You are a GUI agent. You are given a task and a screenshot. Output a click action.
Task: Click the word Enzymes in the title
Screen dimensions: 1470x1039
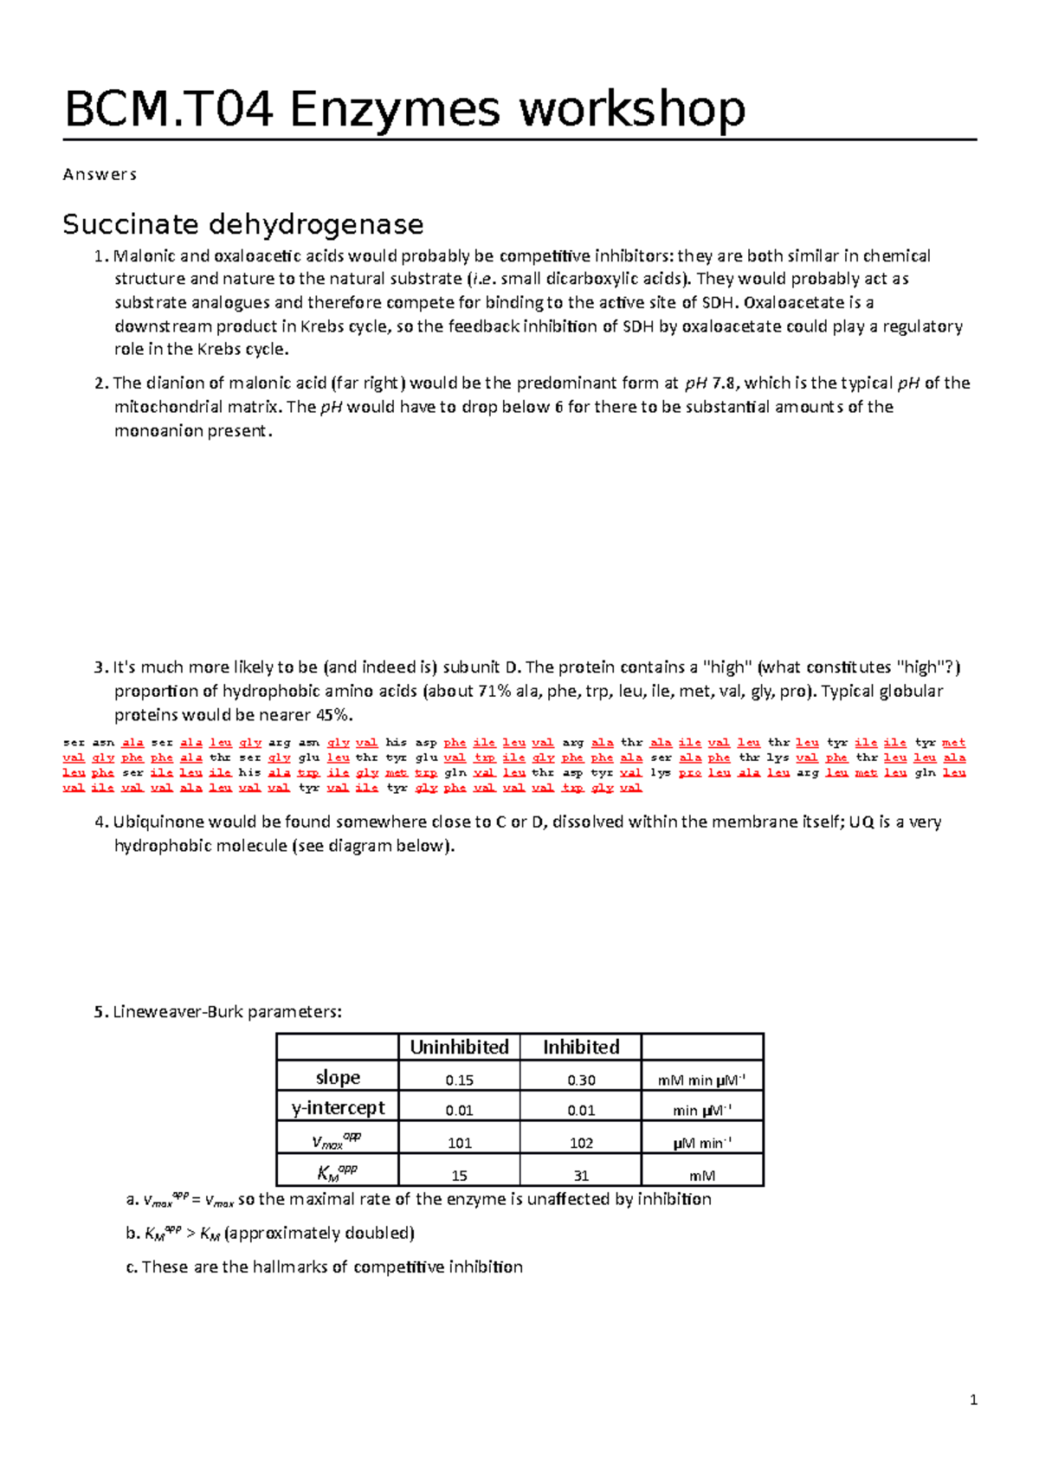(396, 110)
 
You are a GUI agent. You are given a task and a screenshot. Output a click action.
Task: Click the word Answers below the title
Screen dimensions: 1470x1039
(100, 174)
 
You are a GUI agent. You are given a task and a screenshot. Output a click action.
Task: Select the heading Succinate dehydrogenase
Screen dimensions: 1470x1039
(243, 224)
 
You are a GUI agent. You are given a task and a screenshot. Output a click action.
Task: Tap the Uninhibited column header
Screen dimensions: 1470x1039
(459, 1047)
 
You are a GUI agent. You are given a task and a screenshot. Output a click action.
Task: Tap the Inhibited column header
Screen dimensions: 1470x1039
(581, 1047)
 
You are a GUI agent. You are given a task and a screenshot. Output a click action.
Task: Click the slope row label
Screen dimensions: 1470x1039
(338, 1077)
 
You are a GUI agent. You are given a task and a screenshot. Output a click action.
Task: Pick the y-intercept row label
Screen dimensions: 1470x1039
(338, 1107)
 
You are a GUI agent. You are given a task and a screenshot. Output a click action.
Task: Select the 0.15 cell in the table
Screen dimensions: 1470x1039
(459, 1080)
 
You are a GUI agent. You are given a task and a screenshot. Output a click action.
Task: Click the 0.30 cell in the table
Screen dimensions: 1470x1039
(581, 1080)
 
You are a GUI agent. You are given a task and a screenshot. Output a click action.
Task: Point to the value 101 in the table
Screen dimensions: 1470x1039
(459, 1143)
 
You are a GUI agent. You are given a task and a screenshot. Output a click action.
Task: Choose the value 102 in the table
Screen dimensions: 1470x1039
(581, 1143)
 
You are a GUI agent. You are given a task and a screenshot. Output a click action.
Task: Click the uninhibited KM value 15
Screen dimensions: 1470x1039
(459, 1176)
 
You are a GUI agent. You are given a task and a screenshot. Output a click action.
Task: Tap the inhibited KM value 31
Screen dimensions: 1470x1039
(581, 1176)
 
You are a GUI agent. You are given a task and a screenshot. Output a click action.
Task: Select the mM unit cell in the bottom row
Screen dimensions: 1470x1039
(702, 1176)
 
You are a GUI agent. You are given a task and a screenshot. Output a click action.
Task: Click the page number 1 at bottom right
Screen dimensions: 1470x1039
(974, 1400)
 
